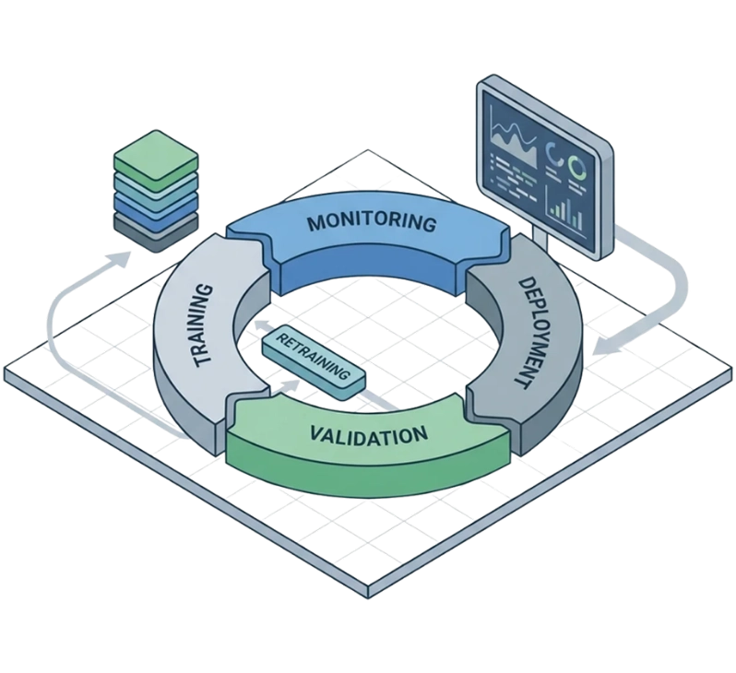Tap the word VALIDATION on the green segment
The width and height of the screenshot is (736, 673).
[368, 434]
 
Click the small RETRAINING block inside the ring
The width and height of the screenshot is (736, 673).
[314, 360]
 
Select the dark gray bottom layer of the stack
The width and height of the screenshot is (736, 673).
[154, 226]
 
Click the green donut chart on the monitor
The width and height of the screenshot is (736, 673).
[578, 168]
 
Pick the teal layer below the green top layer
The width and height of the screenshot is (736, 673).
[155, 181]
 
